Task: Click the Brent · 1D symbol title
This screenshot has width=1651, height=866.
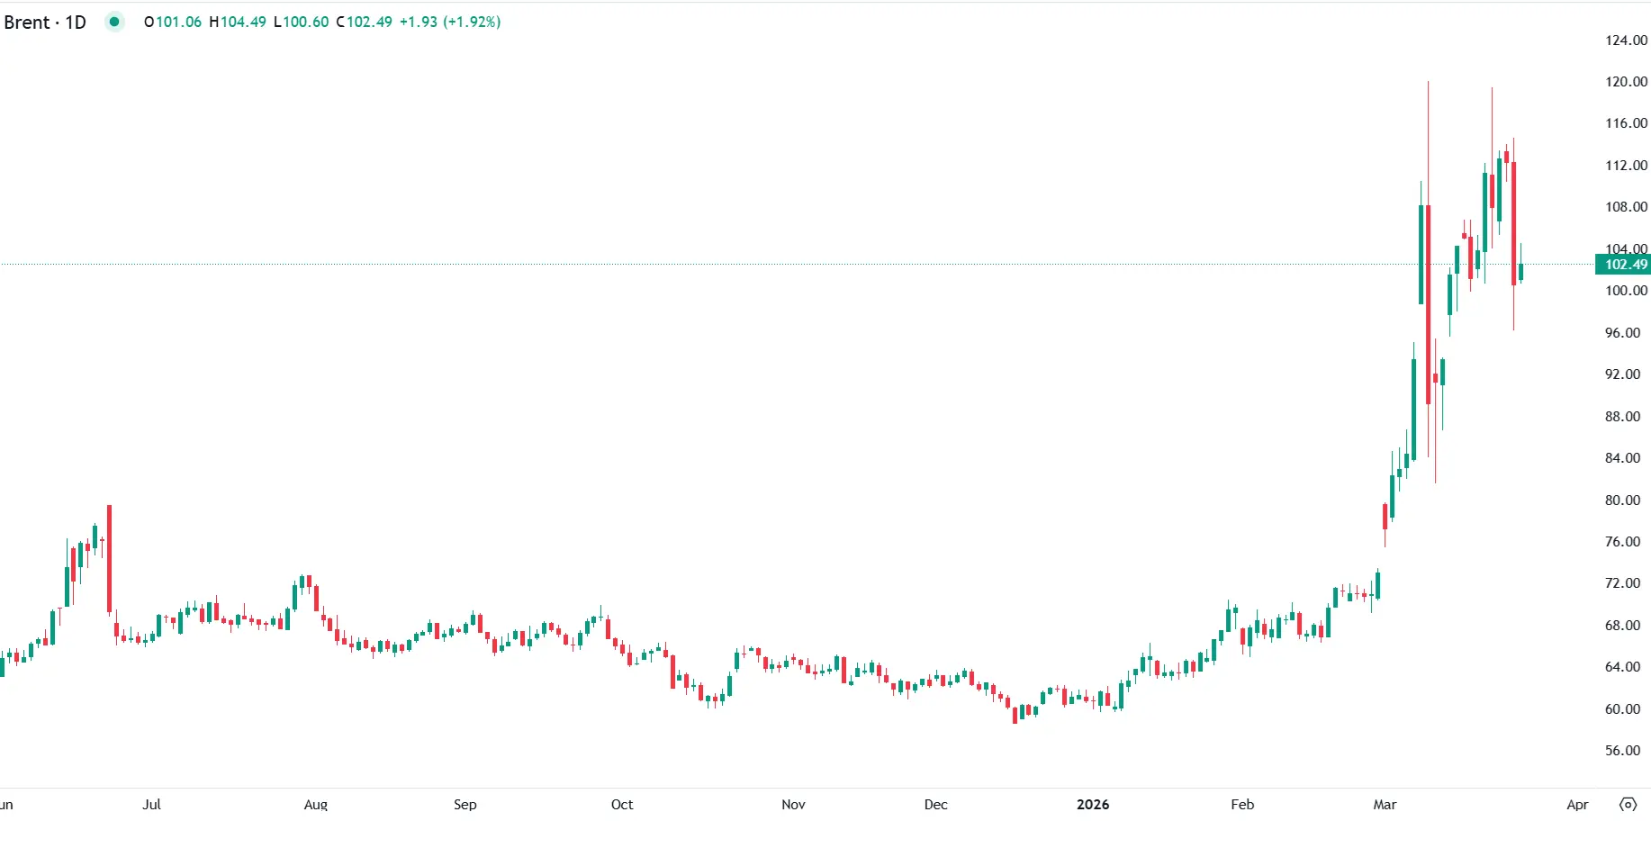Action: [x=45, y=22]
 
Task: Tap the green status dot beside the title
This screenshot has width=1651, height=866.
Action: [x=114, y=22]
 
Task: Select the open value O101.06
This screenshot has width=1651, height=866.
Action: [x=173, y=22]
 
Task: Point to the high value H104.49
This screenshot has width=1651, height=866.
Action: [x=238, y=22]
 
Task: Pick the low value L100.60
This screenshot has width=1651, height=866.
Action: [x=302, y=22]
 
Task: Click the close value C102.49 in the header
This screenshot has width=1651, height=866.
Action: [x=365, y=22]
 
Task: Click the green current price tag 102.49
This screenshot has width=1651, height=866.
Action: [x=1625, y=265]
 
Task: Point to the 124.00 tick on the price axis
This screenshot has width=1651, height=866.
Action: [x=1626, y=40]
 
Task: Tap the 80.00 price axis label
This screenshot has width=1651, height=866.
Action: [x=1622, y=500]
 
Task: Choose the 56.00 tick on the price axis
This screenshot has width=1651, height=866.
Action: [x=1622, y=750]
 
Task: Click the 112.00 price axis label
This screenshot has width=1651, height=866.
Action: [x=1626, y=165]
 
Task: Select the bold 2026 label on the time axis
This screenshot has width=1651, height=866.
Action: [x=1093, y=804]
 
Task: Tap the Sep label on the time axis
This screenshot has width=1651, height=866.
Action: [x=465, y=804]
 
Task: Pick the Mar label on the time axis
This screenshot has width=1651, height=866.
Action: [x=1385, y=804]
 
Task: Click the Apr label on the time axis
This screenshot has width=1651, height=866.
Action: [x=1577, y=804]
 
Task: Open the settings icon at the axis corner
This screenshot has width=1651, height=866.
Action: [x=1628, y=804]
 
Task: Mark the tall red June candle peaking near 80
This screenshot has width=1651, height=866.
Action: [x=110, y=558]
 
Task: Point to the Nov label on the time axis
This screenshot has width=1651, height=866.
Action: [x=793, y=804]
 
